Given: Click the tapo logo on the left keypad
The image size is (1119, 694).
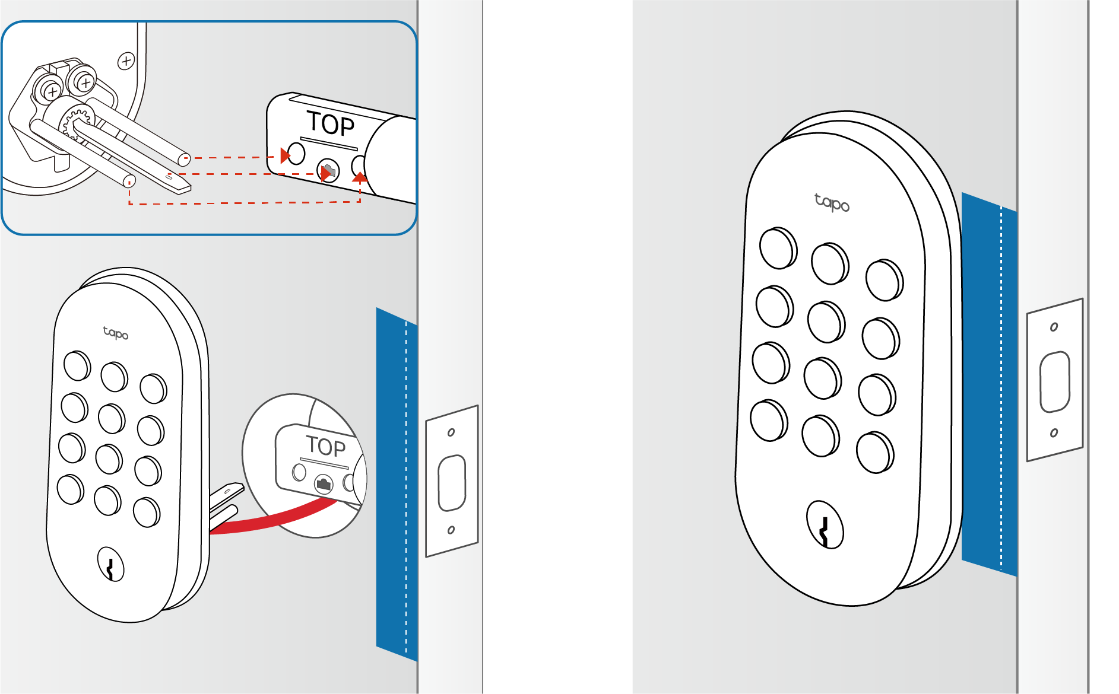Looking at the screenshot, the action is pos(116,333).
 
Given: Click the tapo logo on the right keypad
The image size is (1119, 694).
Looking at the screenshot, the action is pos(832,202).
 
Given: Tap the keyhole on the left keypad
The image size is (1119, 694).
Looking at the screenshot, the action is pos(110,564).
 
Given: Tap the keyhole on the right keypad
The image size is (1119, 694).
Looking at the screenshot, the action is pos(825,525).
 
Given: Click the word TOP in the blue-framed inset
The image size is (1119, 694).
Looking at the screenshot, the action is pos(331,124).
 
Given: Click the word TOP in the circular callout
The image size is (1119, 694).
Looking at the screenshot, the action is pos(325,446).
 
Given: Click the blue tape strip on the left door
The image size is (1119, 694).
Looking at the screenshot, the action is pos(397,484).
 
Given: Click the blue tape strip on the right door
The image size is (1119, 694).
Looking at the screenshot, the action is pos(989,384).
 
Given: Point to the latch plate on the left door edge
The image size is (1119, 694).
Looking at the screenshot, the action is pos(452,481).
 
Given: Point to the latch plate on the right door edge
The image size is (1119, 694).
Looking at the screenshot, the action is pos(1055,380).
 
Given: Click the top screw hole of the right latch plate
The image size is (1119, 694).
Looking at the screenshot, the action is pos(1054,327).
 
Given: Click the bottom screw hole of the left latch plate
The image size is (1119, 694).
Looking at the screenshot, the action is pos(451,530).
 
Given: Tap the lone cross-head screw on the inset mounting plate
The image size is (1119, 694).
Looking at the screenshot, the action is pos(126,61).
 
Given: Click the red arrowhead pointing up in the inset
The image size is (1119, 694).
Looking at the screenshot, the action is pos(360,177).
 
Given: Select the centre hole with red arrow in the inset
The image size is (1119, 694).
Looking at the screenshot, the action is pos(328,171).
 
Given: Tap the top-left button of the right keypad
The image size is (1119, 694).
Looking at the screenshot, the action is pos(778,248).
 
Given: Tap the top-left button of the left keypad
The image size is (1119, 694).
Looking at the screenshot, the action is pos(77,365).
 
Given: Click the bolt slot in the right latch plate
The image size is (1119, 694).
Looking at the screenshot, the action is pos(1055,381).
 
